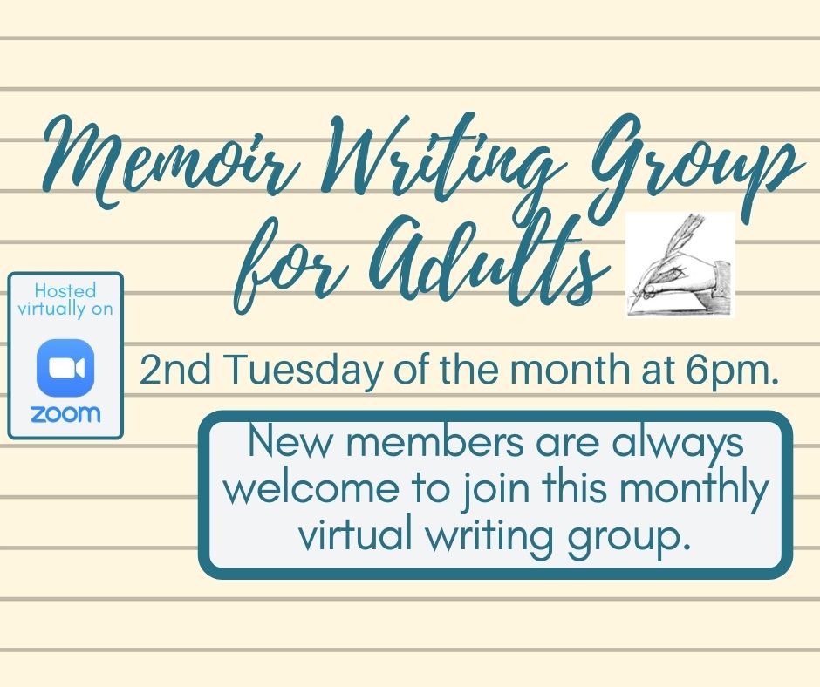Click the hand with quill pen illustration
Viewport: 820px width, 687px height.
pos(680,264)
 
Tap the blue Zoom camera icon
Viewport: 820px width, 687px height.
pos(65,367)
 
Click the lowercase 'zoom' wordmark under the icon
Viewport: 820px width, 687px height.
pos(65,413)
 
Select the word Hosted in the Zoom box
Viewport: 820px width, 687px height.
pos(65,290)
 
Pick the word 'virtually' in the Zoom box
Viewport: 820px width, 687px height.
pos(51,308)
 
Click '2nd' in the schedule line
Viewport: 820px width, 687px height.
pos(175,369)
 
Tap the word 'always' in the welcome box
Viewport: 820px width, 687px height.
pos(678,444)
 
